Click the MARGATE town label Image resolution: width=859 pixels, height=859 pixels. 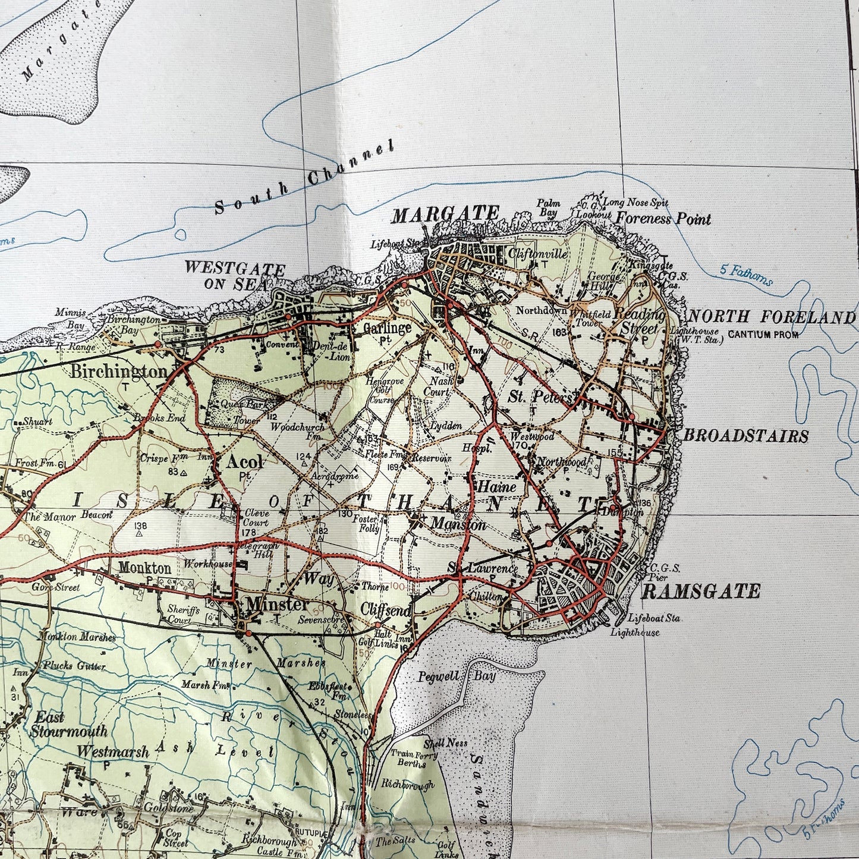click(445, 215)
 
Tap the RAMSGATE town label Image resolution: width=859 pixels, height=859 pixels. click(701, 591)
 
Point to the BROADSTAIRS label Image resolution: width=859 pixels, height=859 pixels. click(745, 436)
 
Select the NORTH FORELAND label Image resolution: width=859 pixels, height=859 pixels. click(772, 318)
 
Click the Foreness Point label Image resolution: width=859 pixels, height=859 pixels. click(663, 219)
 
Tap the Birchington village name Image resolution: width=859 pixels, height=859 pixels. click(118, 372)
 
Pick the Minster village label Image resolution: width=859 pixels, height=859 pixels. click(269, 605)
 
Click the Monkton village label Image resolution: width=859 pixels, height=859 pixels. click(144, 568)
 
